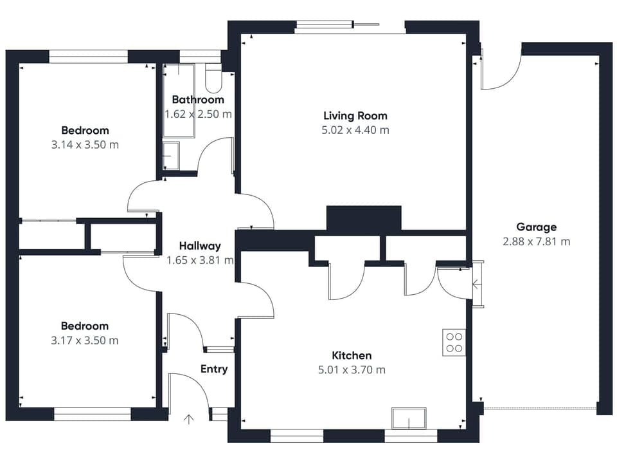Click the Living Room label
point(355,116)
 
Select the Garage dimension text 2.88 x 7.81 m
point(536,242)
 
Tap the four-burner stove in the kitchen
point(454,342)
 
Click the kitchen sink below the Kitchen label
point(409,418)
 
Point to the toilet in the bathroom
point(213,80)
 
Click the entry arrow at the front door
point(188,420)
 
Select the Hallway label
point(200,246)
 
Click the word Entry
point(214,369)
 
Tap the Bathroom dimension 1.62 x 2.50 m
point(198,114)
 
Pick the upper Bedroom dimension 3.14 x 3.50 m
point(85,145)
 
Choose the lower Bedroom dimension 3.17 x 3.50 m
point(85,340)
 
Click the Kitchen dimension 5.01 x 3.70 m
point(352,370)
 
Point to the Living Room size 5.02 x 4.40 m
point(355,130)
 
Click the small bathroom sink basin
point(171,156)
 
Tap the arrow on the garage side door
point(476,284)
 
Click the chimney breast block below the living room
point(363,219)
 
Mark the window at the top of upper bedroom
point(89,58)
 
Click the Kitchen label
point(352,355)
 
